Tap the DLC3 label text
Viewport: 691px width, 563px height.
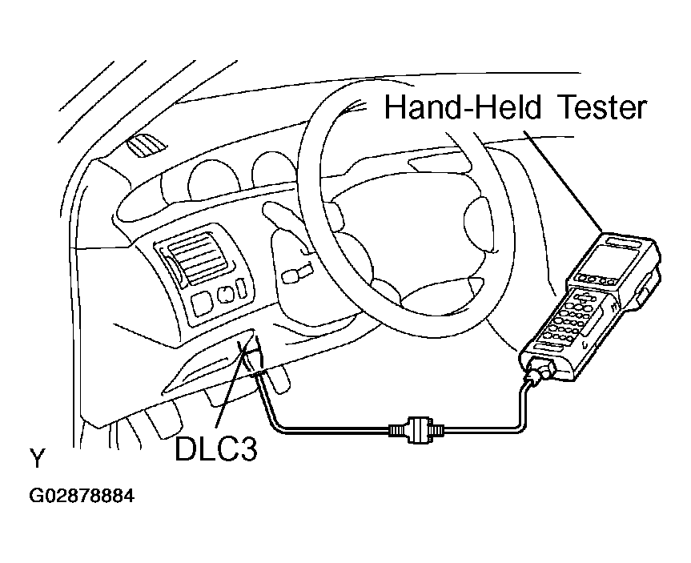pos(215,449)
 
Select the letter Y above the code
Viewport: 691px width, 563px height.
pos(37,460)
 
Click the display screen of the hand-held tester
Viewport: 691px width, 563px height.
pos(613,260)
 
